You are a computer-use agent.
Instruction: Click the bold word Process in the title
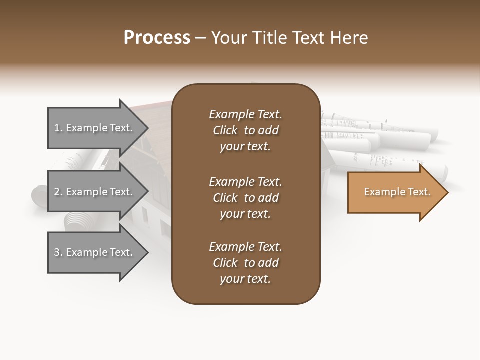coord(157,38)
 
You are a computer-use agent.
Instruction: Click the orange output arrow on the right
coord(395,192)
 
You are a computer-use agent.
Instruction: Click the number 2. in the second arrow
coord(58,192)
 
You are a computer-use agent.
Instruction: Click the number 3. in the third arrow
coord(58,252)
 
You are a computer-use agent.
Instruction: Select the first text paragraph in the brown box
coord(245,130)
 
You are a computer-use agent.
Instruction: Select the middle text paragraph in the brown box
coord(245,198)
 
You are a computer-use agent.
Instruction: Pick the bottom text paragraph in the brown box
coord(245,263)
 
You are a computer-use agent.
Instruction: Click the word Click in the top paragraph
coord(225,130)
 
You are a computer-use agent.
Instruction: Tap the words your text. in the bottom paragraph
coord(245,279)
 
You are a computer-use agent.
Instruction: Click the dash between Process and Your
coord(200,38)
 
